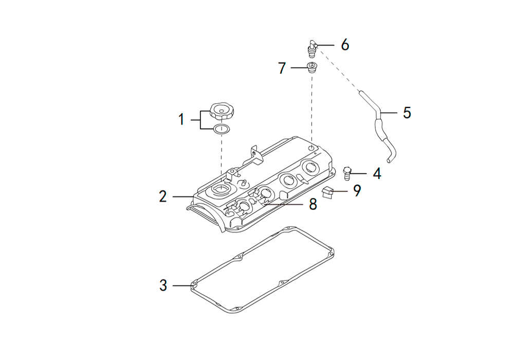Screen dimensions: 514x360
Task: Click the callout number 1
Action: [x=181, y=119]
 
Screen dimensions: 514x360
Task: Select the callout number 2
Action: [x=163, y=196]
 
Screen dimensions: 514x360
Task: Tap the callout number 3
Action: [x=163, y=285]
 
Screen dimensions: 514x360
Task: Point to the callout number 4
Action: [x=377, y=173]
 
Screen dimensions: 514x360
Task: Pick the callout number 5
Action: [x=407, y=113]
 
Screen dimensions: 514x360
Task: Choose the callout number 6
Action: [x=345, y=45]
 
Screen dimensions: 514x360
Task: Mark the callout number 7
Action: [x=282, y=68]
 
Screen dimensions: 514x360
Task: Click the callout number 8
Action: [x=313, y=204]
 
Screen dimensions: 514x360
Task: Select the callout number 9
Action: [x=357, y=190]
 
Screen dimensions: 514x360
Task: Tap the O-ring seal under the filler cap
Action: [x=221, y=129]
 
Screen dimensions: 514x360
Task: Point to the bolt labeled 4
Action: [x=347, y=173]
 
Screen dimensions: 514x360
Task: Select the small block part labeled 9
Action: [x=328, y=192]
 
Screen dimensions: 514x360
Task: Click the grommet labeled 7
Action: [x=312, y=67]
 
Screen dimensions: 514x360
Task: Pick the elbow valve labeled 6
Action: [x=311, y=49]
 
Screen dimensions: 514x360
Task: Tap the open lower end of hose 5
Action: [x=389, y=160]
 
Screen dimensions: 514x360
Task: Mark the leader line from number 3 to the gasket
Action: [x=183, y=285]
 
